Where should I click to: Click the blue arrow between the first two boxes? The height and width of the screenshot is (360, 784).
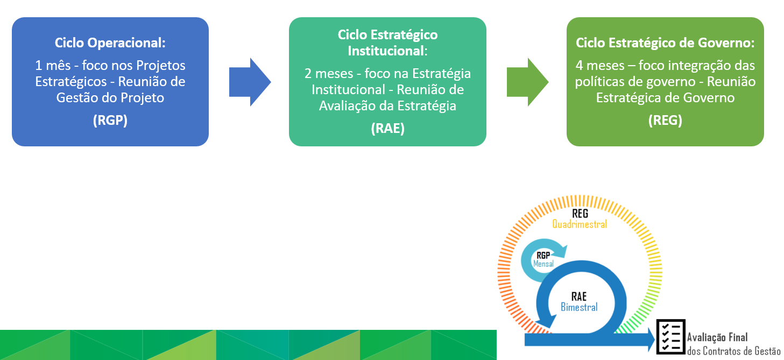pyautogui.click(x=250, y=82)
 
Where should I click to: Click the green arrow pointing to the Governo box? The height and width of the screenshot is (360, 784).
pyautogui.click(x=527, y=82)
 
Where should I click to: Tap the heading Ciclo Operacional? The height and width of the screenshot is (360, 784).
pyautogui.click(x=110, y=43)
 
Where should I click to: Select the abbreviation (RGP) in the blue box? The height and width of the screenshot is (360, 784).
pyautogui.click(x=110, y=121)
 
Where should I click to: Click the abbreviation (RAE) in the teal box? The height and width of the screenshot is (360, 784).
pyautogui.click(x=388, y=129)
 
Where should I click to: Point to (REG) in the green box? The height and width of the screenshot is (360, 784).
pyautogui.click(x=665, y=121)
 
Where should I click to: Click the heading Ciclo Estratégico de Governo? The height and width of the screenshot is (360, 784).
pyautogui.click(x=665, y=43)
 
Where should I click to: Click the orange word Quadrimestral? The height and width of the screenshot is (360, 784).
pyautogui.click(x=580, y=224)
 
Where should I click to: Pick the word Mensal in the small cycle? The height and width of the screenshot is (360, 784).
pyautogui.click(x=543, y=264)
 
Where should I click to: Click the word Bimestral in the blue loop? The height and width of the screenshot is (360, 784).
pyautogui.click(x=579, y=307)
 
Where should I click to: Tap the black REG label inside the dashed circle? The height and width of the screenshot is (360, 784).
pyautogui.click(x=580, y=213)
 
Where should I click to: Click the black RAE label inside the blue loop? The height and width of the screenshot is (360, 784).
pyautogui.click(x=579, y=297)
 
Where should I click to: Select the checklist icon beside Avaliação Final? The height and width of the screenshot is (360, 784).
pyautogui.click(x=670, y=336)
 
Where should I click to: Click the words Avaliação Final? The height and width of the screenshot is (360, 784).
pyautogui.click(x=717, y=337)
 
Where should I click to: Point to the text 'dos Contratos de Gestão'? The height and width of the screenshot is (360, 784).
pyautogui.click(x=733, y=351)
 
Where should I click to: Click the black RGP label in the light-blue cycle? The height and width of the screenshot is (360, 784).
pyautogui.click(x=543, y=256)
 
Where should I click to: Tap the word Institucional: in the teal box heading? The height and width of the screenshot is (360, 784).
pyautogui.click(x=388, y=51)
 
